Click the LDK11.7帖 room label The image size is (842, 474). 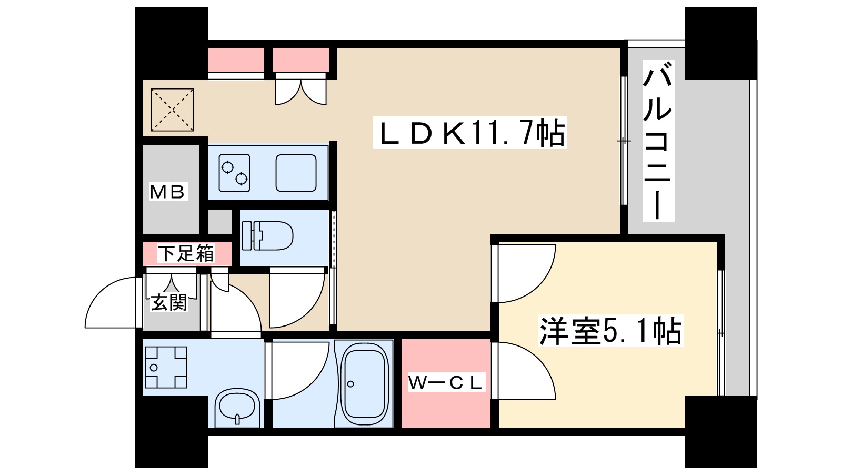tap(470, 133)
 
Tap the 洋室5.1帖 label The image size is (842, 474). tap(610, 331)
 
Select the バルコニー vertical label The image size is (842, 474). tap(658, 141)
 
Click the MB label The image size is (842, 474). tap(168, 192)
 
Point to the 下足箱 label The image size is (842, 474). tap(187, 254)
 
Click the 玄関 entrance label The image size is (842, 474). tap(169, 302)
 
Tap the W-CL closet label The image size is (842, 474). tap(446, 383)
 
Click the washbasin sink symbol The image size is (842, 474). tap(237, 408)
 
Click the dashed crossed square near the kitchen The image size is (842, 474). tap(173, 110)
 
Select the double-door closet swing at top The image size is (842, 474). tap(301, 91)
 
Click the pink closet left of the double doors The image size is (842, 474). tap(236, 60)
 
